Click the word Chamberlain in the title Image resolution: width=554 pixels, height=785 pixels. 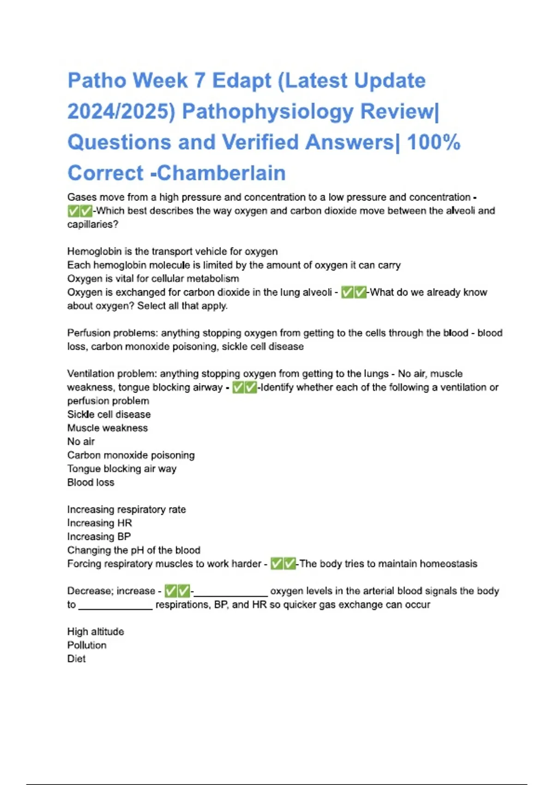coord(222,173)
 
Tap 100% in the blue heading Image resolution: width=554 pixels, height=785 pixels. coord(434,142)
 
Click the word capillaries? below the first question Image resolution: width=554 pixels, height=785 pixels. coord(93,224)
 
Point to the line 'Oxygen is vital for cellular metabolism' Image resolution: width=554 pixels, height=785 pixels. coord(153,278)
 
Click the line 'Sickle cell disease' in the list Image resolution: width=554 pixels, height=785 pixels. coord(109,414)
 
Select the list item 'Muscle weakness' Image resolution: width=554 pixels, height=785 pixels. coord(108,428)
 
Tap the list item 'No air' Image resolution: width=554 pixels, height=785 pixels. coord(81,441)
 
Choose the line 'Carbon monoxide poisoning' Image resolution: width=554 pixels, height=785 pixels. coord(131,455)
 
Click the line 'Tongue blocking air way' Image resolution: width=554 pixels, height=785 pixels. coord(122,469)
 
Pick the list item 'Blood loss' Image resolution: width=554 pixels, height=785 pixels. coord(91,483)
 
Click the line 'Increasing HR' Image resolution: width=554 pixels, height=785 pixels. coord(100,523)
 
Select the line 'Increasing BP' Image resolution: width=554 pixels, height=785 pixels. coord(99,537)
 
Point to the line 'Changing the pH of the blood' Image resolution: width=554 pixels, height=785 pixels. coord(134,550)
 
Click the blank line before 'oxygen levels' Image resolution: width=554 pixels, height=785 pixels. coord(230,593)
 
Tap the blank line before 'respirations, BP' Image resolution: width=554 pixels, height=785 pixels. coord(115,607)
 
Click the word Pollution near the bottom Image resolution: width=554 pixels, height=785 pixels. coord(87,645)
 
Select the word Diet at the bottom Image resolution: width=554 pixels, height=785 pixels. coord(77,659)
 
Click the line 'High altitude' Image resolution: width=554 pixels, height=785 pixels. coord(96,632)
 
